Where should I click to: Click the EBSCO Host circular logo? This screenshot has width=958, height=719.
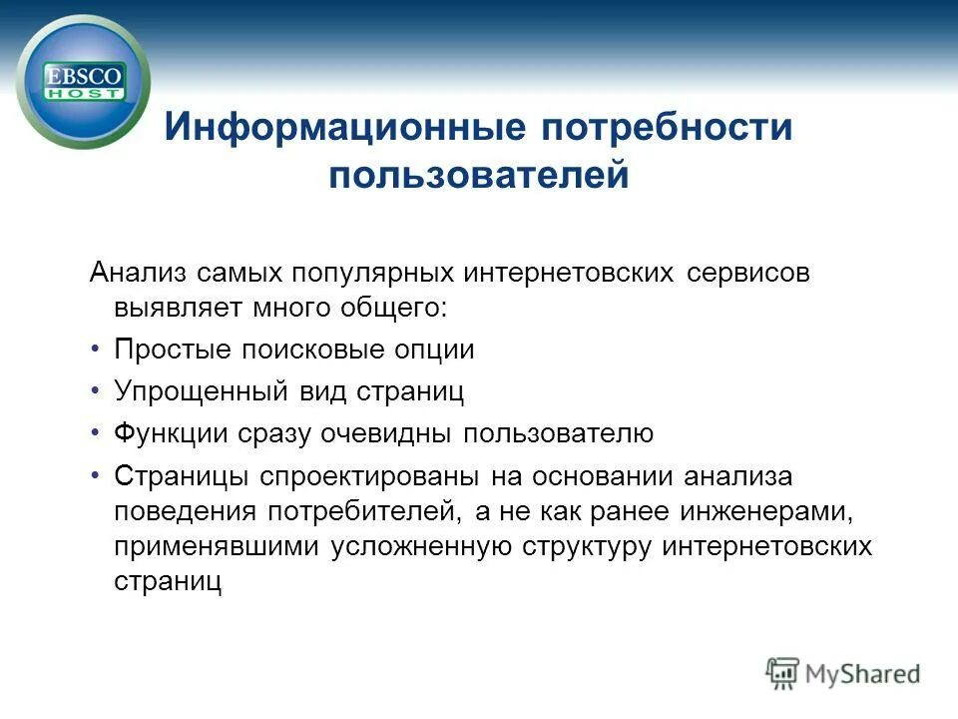click(83, 81)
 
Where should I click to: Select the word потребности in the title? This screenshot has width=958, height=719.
click(667, 129)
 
